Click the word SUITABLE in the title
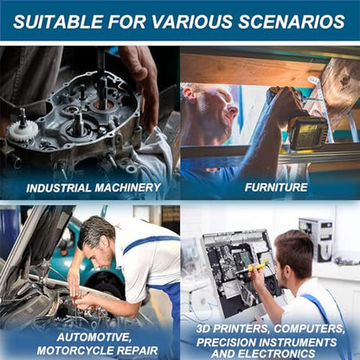tap(58, 22)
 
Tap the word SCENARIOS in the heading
tap(292, 22)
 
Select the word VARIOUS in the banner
tap(192, 22)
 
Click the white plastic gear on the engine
tap(22, 131)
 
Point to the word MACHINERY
tap(128, 188)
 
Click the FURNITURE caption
tap(276, 187)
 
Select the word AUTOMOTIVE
tap(93, 337)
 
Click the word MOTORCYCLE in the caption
tap(74, 350)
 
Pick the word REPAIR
tap(136, 350)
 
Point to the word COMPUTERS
tap(309, 329)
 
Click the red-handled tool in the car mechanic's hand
tap(75, 301)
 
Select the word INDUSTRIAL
tap(59, 188)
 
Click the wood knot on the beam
tap(344, 79)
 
